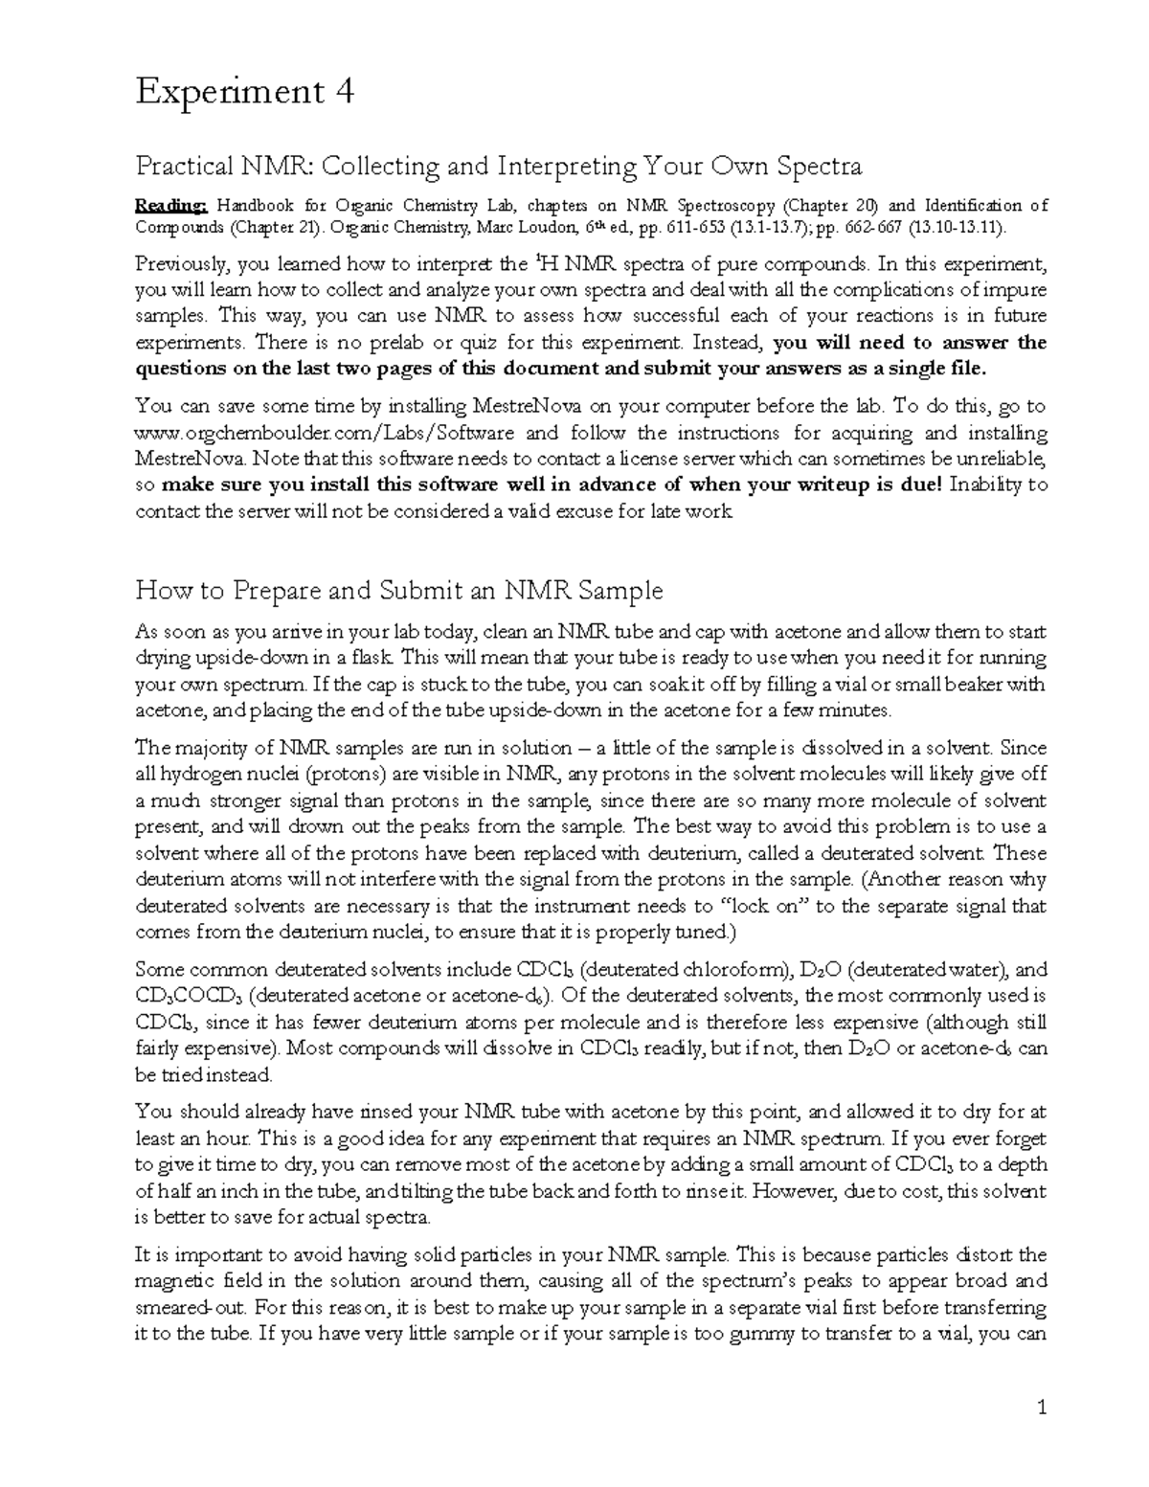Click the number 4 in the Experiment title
pyautogui.click(x=345, y=92)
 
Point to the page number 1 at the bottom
pyautogui.click(x=1043, y=1408)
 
